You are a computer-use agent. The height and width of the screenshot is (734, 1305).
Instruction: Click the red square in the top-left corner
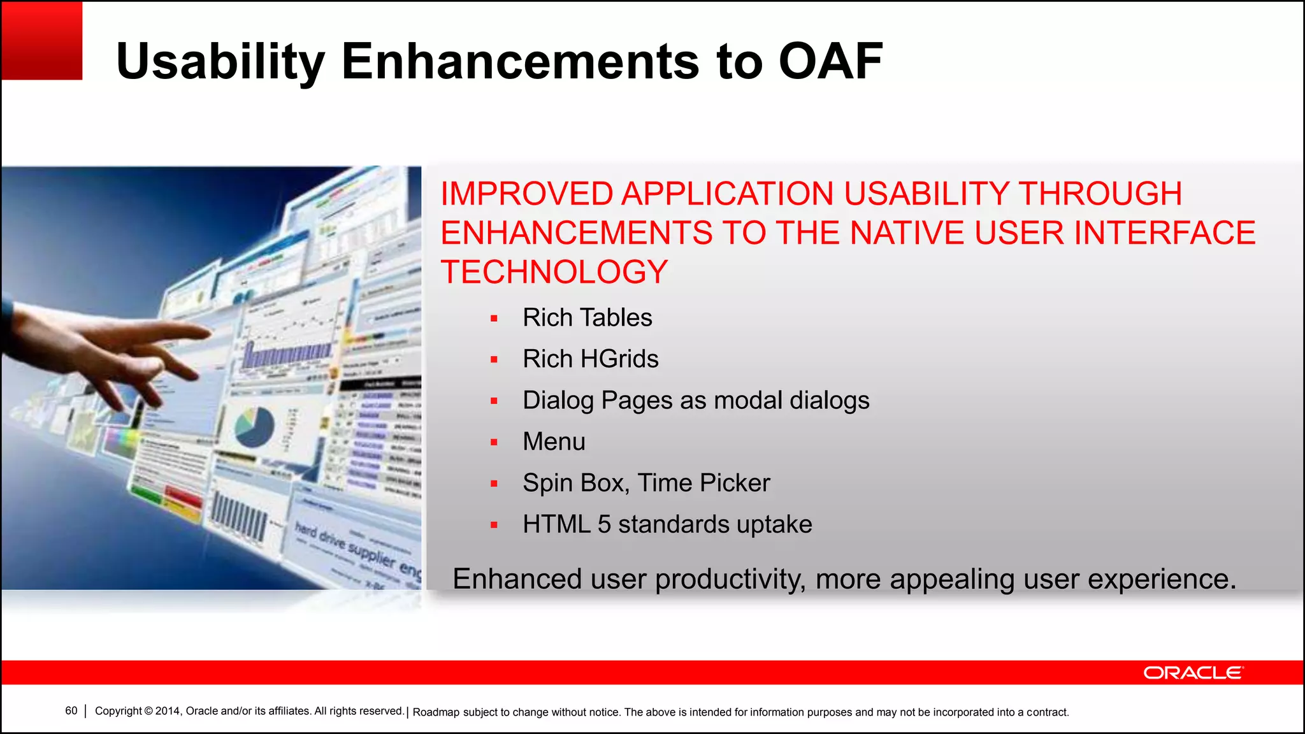tap(41, 40)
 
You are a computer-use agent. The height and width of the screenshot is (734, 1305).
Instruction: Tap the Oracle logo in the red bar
tap(1193, 673)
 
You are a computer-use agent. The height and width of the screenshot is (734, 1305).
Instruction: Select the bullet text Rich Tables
tap(587, 317)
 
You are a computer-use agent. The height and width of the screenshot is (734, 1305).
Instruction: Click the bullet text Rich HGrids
tap(590, 359)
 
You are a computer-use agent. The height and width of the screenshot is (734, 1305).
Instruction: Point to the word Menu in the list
tap(554, 442)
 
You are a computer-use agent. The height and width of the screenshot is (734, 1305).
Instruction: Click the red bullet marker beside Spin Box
tap(494, 484)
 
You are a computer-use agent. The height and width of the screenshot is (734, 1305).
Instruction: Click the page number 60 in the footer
tap(71, 711)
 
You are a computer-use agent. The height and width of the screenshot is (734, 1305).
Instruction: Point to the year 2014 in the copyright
tap(168, 711)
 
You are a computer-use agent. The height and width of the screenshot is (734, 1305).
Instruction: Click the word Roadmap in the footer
tap(436, 712)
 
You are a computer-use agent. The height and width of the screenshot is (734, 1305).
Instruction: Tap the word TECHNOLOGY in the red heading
tap(554, 272)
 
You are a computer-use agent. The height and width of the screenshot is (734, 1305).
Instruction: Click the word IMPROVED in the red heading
tap(526, 194)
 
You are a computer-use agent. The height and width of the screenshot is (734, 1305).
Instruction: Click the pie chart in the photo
tap(254, 427)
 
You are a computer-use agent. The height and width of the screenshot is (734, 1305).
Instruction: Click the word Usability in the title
tap(220, 61)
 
